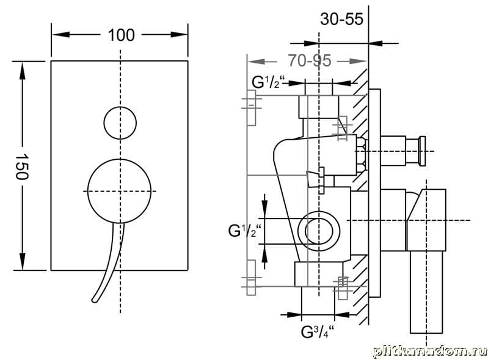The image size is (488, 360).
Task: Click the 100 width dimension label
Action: [121, 35]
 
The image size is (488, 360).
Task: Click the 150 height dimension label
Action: [22, 167]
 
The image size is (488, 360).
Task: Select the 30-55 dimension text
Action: [342, 19]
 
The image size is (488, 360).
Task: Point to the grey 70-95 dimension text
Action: [310, 60]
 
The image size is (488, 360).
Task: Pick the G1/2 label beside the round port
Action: [245, 231]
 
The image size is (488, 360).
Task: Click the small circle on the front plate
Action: [120, 123]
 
